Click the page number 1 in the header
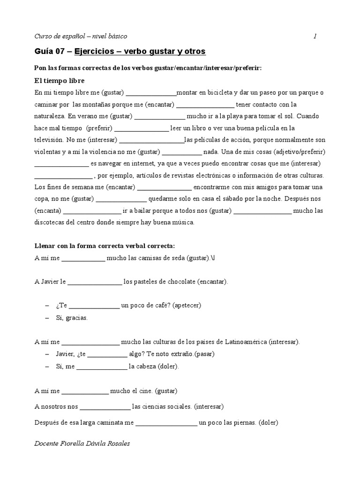(x=315, y=36)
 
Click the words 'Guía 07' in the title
(x=49, y=51)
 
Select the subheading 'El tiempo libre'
(x=60, y=81)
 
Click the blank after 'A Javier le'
(x=94, y=282)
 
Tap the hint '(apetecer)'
(x=187, y=305)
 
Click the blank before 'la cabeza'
(x=101, y=366)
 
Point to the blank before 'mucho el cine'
(x=85, y=390)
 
